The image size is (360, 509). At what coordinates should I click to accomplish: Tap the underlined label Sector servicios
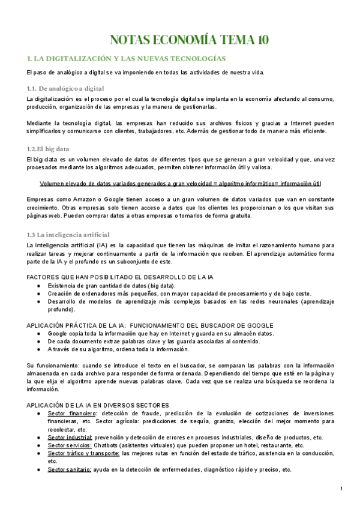pos(70,445)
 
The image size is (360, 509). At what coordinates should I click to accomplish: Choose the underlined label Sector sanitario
pos(70,469)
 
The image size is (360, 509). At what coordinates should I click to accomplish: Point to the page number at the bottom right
pos(341,490)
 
